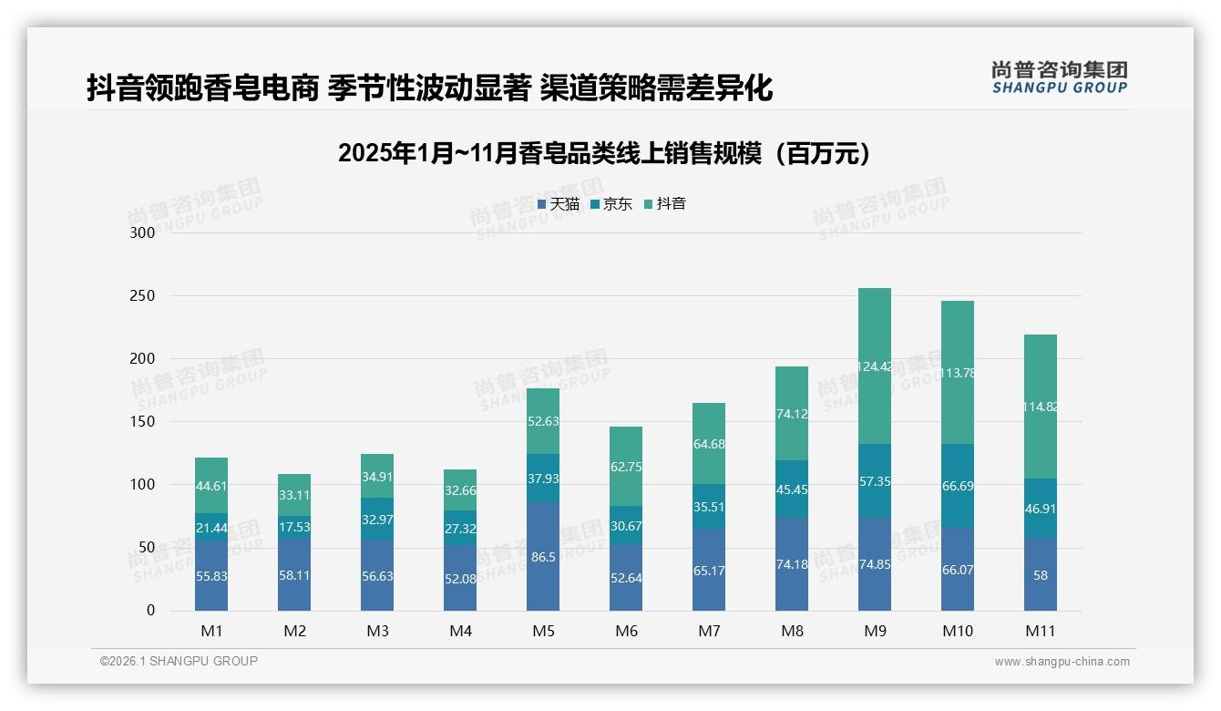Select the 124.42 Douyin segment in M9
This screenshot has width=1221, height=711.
pos(875,366)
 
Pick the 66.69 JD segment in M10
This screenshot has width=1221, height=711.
pos(958,486)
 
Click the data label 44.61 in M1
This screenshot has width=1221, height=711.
pos(211,486)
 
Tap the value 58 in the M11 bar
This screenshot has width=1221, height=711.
pos(1041,575)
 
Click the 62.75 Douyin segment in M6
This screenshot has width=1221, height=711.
pos(626,467)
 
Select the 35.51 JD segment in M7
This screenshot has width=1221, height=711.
pos(709,507)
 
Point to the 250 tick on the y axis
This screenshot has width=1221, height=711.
pos(143,296)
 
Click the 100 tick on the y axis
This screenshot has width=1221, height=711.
pos(143,485)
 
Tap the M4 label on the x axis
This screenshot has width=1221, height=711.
pos(460,631)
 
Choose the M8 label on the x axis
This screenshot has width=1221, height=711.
pos(792,631)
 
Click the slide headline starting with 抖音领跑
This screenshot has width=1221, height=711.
pos(429,88)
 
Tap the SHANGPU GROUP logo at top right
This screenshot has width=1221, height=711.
pos(1059,77)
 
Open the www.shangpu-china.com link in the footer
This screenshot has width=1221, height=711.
pos(1062,662)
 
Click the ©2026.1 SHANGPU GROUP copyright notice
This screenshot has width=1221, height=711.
pos(179,661)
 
